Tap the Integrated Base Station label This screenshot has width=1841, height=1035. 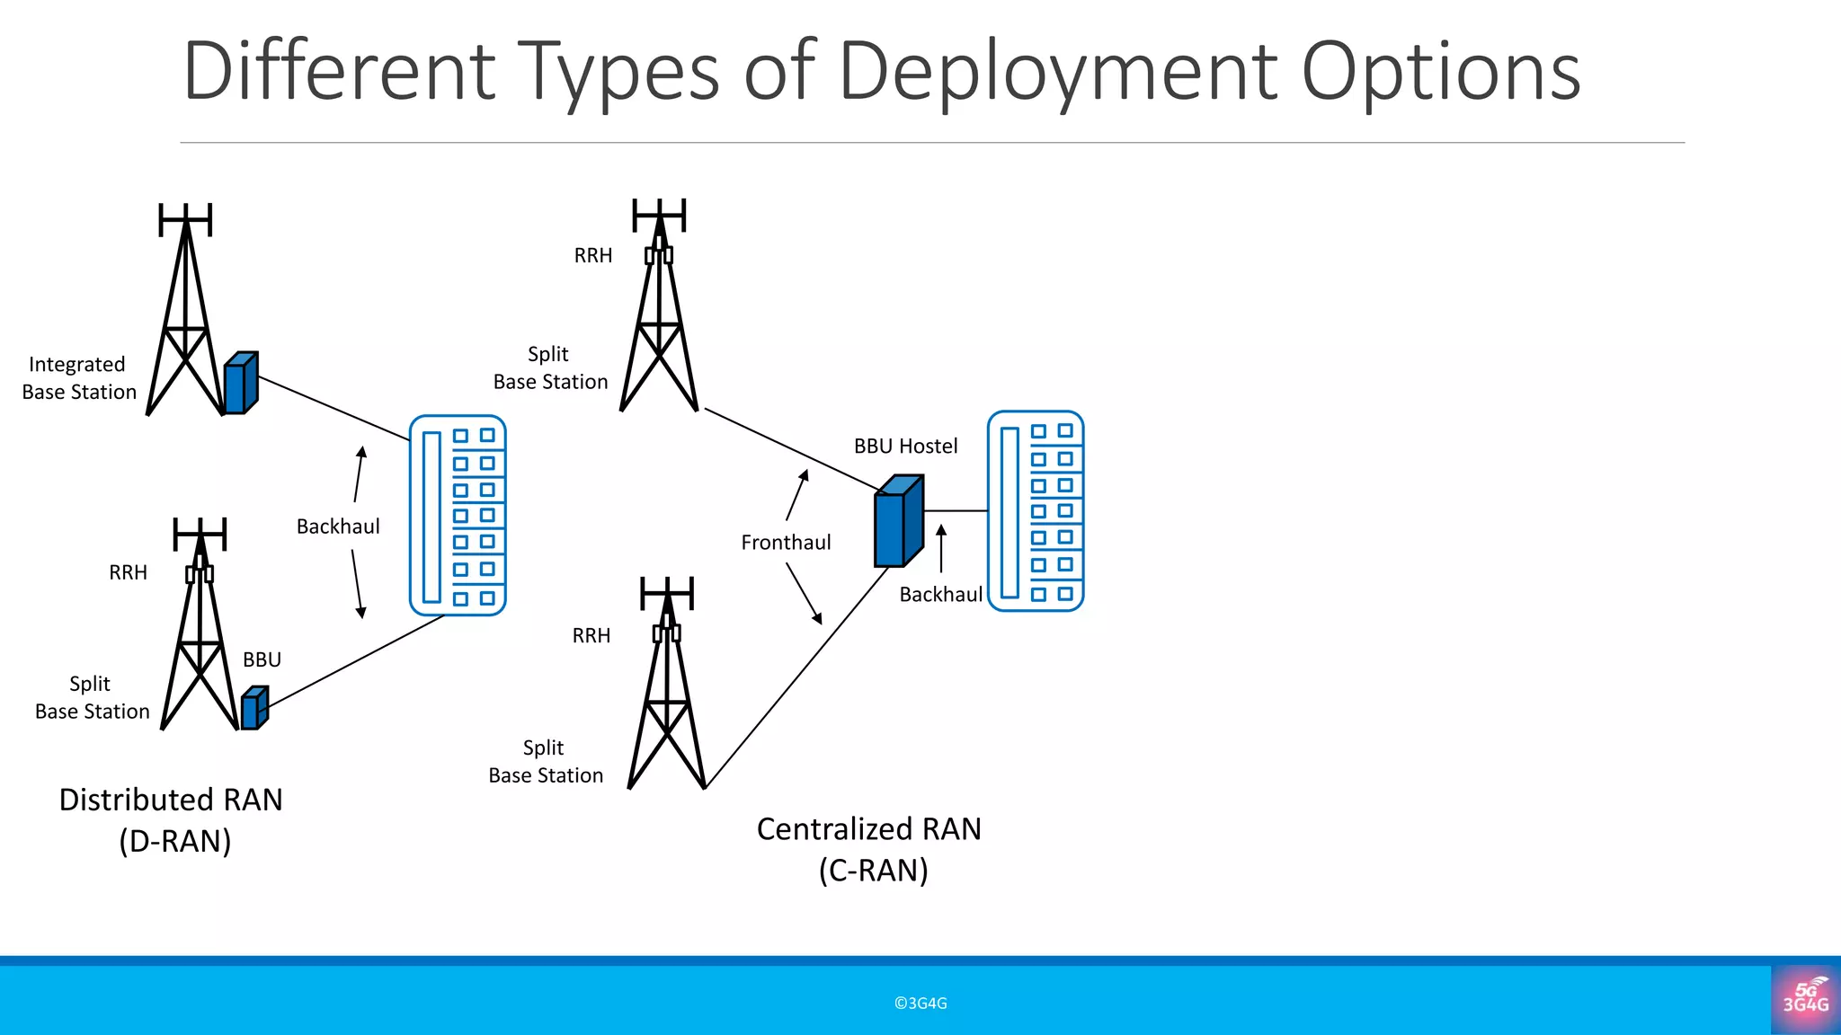79,378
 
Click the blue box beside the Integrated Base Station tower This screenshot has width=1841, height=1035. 240,384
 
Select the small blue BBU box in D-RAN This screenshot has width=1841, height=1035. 254,708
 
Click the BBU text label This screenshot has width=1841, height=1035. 262,660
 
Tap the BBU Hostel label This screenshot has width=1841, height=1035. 905,447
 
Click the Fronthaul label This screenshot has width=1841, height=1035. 786,543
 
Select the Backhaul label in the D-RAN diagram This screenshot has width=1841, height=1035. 338,526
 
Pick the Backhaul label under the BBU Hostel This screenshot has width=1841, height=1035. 940,595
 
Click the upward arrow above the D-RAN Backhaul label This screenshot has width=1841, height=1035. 359,474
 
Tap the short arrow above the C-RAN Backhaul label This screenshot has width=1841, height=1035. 941,548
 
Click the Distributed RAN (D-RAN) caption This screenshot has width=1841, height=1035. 172,819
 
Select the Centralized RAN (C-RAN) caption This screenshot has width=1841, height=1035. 869,849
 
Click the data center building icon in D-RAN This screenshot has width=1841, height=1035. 458,515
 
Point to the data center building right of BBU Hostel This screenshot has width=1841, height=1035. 1036,511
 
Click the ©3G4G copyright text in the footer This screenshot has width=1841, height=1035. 920,1004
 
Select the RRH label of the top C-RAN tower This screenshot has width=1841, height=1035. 593,256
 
